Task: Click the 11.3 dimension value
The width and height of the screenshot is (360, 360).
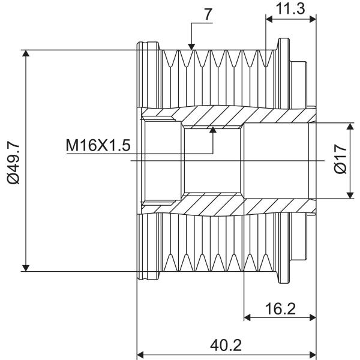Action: pyautogui.click(x=290, y=8)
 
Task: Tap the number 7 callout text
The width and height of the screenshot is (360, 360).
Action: pyautogui.click(x=208, y=15)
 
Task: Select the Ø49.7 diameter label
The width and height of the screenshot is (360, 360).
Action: pyautogui.click(x=14, y=163)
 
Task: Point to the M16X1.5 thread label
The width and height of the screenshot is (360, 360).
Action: pyautogui.click(x=98, y=145)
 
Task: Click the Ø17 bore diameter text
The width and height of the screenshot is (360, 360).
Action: pyautogui.click(x=340, y=158)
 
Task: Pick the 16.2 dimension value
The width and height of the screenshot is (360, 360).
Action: pyautogui.click(x=280, y=308)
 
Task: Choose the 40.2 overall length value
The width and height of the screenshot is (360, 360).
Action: pyautogui.click(x=226, y=345)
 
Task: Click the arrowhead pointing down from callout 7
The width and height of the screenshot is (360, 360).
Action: pyautogui.click(x=191, y=47)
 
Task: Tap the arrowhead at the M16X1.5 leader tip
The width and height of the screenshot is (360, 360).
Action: pyautogui.click(x=213, y=130)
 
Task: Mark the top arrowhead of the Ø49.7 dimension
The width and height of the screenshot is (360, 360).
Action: pyautogui.click(x=26, y=53)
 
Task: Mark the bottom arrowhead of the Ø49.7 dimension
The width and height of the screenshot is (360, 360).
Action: pyautogui.click(x=26, y=268)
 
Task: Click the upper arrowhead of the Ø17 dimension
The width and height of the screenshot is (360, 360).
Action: pyautogui.click(x=350, y=126)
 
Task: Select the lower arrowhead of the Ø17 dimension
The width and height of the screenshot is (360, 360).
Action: pyautogui.click(x=350, y=196)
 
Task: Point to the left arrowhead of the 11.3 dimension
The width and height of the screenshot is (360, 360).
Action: pyautogui.click(x=269, y=20)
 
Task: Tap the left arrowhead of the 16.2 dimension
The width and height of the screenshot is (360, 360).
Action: pyautogui.click(x=247, y=318)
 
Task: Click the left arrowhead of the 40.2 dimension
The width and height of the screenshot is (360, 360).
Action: pyautogui.click(x=140, y=355)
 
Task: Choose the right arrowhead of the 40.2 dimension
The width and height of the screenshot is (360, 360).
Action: pyautogui.click(x=313, y=355)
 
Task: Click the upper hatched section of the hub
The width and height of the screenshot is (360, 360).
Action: pyautogui.click(x=227, y=116)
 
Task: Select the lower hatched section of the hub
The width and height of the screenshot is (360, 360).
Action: pyautogui.click(x=227, y=205)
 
